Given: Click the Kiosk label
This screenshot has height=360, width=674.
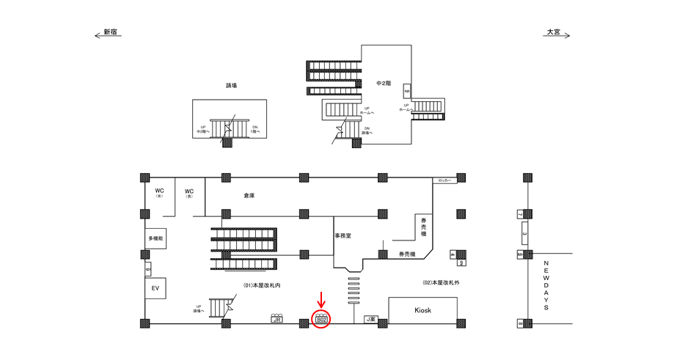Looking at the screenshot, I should (x=424, y=310).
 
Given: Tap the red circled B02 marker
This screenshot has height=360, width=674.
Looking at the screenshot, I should (x=321, y=318).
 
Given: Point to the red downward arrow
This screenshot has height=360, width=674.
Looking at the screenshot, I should (x=320, y=299).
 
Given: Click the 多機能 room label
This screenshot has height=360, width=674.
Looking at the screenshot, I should (x=155, y=240).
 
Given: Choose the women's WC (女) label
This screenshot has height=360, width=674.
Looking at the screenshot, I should (x=159, y=193).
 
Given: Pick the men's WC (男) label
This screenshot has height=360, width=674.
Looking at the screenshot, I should (x=189, y=193).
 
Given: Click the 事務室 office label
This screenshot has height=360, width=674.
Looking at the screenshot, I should (x=344, y=235).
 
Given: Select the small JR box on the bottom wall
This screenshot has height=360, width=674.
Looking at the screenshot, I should (x=276, y=320).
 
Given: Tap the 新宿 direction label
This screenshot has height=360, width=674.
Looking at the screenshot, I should (x=111, y=33).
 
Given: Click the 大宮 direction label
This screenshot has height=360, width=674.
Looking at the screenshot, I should (x=552, y=33).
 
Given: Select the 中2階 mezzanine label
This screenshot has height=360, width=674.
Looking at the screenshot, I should (x=384, y=83).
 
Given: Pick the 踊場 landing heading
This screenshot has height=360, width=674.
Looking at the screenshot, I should (x=231, y=86).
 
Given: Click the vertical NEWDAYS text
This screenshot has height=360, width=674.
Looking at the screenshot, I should (x=546, y=285).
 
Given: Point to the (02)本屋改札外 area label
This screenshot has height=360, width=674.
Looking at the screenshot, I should (x=441, y=282).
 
